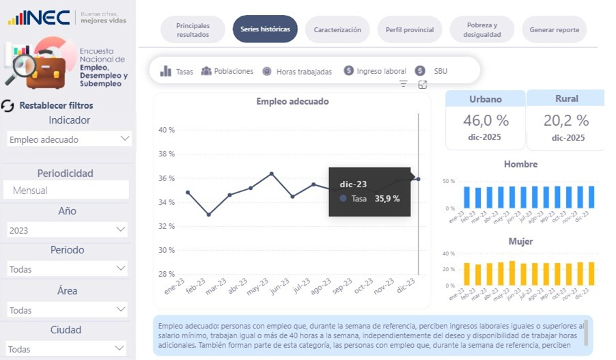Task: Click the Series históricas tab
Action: point(265,29)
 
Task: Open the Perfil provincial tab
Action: point(410,30)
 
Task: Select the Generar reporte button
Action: point(554,30)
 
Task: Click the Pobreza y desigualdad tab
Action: point(482,30)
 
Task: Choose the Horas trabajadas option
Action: point(298,71)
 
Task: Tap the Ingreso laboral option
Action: point(375,71)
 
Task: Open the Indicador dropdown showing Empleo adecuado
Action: point(68,139)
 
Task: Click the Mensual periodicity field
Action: point(66,191)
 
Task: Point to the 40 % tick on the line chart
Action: point(167,130)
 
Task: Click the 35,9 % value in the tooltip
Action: point(387,199)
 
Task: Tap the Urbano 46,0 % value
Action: point(486,121)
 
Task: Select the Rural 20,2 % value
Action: point(566,121)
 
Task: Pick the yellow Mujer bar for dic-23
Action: point(591,274)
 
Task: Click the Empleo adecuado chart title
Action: point(292,101)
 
